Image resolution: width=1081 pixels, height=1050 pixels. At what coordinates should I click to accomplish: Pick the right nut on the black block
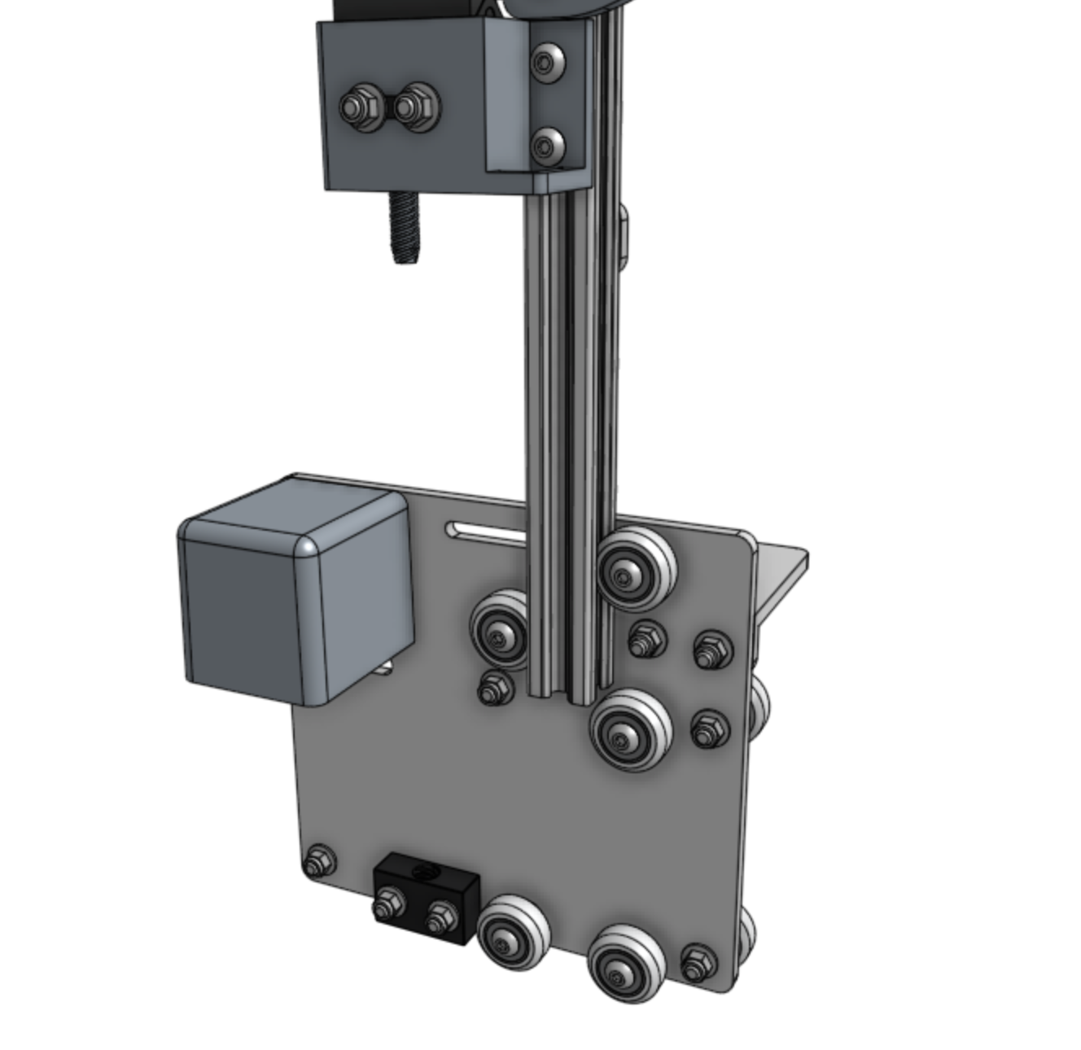tap(440, 916)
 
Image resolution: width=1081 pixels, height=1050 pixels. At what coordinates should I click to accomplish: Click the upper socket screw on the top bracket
tap(547, 60)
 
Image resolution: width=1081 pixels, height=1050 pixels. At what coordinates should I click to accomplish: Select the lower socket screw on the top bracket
tap(547, 146)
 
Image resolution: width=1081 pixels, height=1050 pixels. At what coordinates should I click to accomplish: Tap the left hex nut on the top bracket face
tap(356, 107)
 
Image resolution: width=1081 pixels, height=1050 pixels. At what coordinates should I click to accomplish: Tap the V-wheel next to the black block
tap(514, 932)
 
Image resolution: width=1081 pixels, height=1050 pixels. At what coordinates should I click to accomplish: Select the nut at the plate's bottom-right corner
tap(697, 964)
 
